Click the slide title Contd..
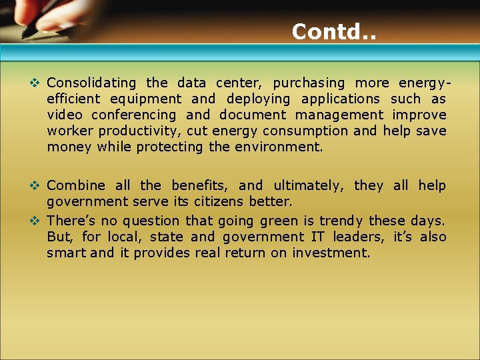tap(333, 31)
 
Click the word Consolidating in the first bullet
tap(91, 83)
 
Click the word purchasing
tap(309, 83)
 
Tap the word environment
tap(278, 147)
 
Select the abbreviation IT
tap(317, 237)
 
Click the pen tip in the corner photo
tap(25, 35)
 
